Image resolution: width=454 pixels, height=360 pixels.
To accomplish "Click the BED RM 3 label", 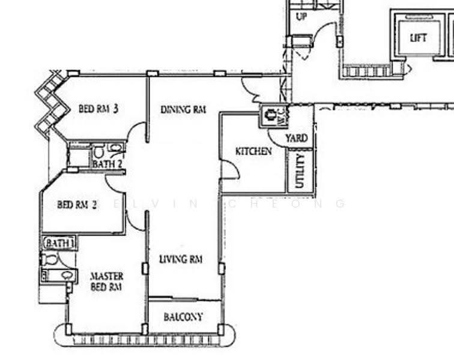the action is (98, 109).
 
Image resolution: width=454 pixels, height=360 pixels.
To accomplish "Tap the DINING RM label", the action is (183, 110).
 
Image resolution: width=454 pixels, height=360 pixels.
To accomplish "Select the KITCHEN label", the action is (253, 151).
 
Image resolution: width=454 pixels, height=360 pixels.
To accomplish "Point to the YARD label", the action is (296, 138).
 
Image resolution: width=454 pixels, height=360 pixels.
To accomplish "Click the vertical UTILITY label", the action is (300, 171).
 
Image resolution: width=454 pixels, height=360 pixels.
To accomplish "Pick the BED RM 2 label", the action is (77, 205).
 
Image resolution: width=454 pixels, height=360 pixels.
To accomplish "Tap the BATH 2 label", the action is (107, 164).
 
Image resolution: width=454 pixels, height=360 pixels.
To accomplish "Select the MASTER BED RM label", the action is (106, 281).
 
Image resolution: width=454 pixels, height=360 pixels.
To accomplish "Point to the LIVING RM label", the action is (181, 259).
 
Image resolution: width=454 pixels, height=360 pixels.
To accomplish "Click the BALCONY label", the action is (183, 317).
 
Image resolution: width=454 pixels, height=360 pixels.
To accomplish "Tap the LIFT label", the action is (419, 38).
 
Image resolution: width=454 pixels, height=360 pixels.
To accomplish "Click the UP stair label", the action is (301, 16).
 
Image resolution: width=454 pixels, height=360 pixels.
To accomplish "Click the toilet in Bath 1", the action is (50, 259).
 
